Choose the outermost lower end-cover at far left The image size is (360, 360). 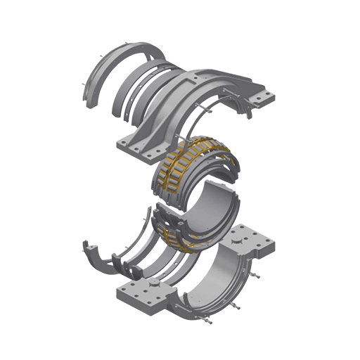[x=95, y=256]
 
